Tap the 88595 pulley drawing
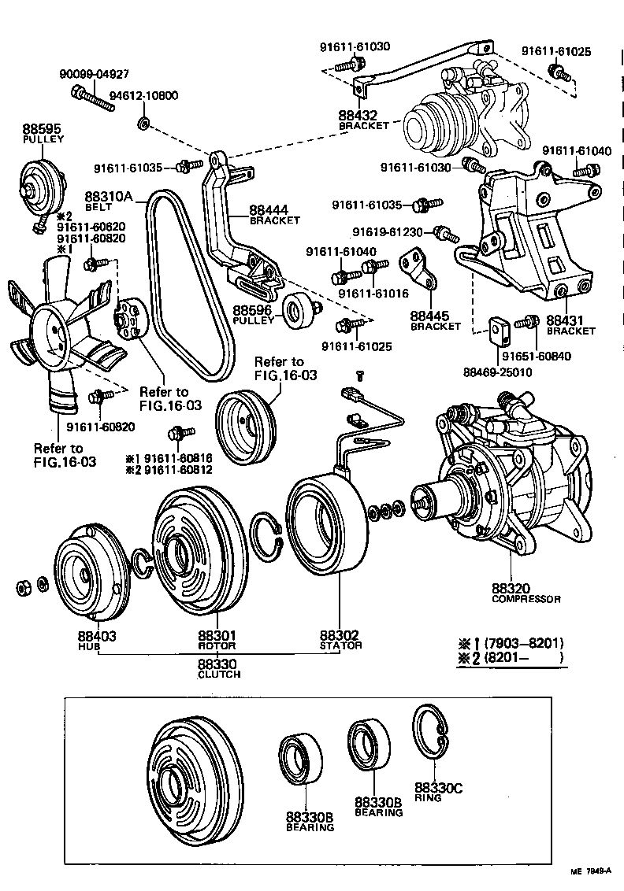click(x=41, y=183)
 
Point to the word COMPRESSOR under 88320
click(x=526, y=599)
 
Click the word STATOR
click(x=340, y=645)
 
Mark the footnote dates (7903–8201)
click(x=524, y=641)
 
